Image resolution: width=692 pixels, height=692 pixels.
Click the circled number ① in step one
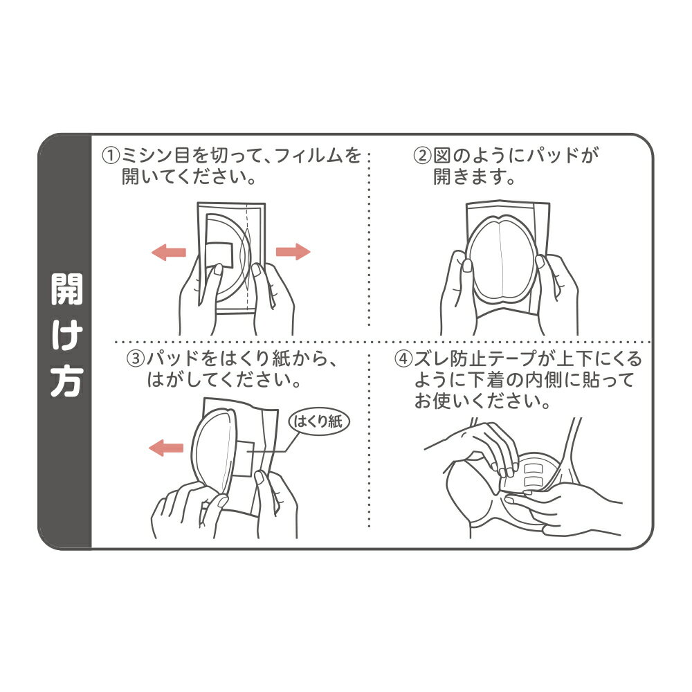click(110, 156)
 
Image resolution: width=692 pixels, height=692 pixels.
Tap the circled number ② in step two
click(422, 156)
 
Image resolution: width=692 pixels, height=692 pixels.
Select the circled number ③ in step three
click(136, 358)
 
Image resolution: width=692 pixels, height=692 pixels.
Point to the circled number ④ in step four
click(403, 358)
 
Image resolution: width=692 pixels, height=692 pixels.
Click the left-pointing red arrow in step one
click(169, 252)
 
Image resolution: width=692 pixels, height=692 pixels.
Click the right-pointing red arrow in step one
click(293, 252)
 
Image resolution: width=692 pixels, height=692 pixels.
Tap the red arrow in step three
click(166, 448)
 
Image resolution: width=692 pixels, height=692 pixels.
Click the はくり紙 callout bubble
click(318, 421)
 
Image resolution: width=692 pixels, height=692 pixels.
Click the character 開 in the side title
click(66, 289)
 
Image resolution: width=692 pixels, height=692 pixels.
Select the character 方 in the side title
click(66, 381)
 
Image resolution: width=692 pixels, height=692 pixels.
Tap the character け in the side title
click(66, 336)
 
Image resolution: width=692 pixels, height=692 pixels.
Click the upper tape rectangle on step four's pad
click(534, 467)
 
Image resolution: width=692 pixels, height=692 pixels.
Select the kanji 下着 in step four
click(486, 380)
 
